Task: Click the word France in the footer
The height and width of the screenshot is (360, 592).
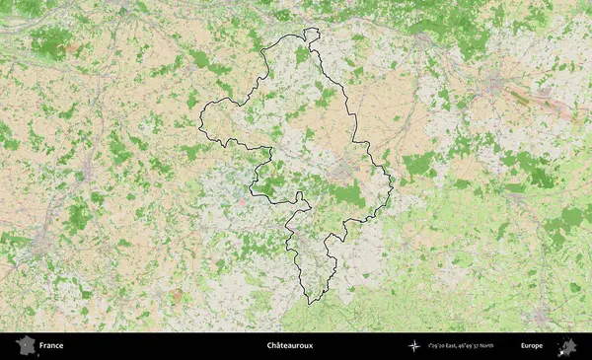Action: point(51,346)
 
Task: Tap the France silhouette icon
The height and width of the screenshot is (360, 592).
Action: point(24,345)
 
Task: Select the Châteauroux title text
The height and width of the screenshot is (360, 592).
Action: point(289,346)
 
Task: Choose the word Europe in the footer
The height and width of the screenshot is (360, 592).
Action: point(532,346)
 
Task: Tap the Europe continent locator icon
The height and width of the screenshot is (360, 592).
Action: point(567,345)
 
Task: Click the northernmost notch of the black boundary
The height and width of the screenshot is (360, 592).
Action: point(312,30)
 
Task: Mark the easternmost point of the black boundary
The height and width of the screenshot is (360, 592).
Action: point(393,181)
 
